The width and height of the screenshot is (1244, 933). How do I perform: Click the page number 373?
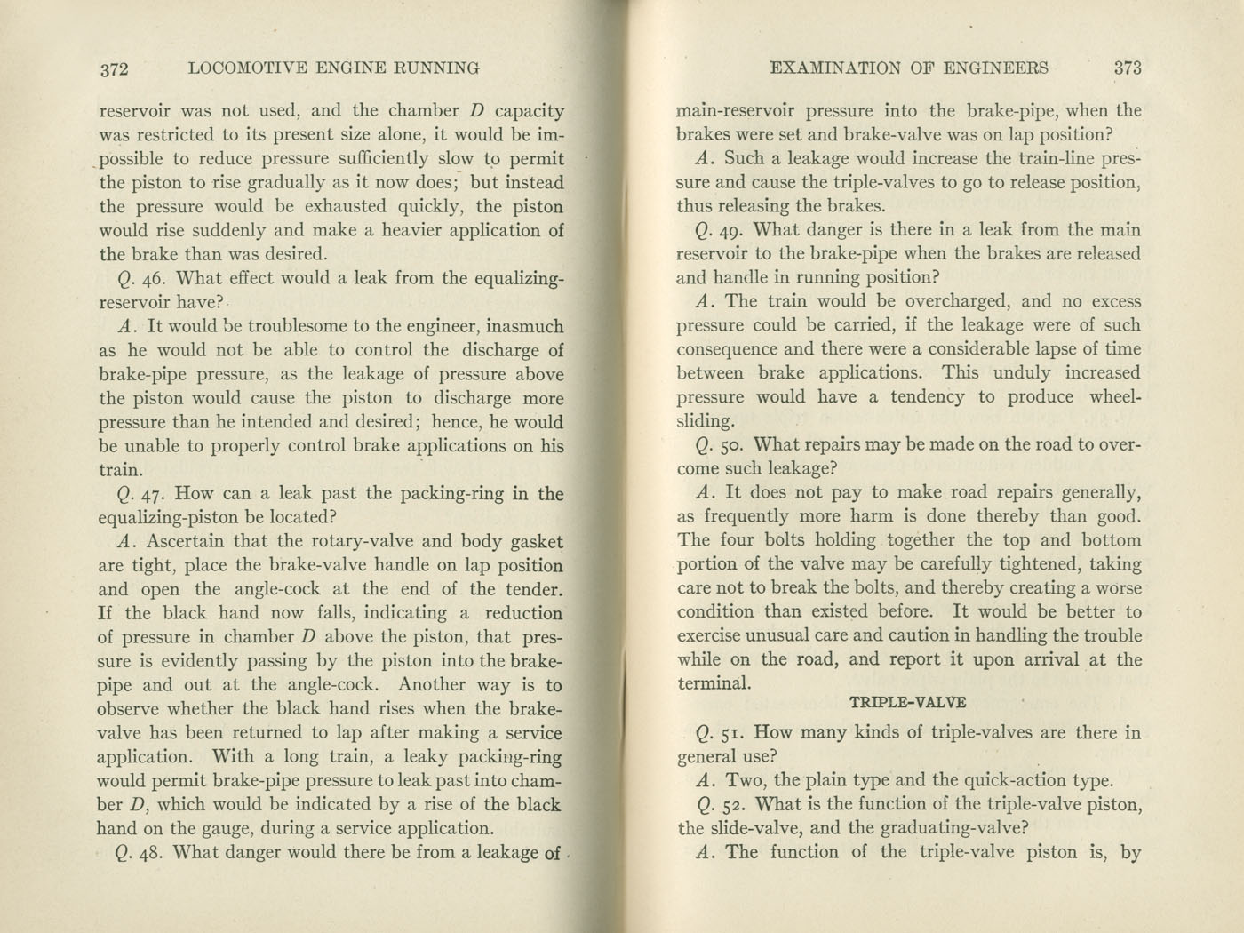pos(1127,68)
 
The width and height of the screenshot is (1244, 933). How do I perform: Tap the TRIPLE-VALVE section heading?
pos(907,701)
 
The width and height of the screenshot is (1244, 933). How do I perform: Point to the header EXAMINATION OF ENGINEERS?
pos(909,68)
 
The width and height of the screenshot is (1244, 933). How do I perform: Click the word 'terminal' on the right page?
pos(710,683)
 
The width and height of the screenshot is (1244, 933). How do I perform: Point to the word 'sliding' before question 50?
pos(704,421)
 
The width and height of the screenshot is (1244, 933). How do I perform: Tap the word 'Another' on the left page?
pos(431,685)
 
